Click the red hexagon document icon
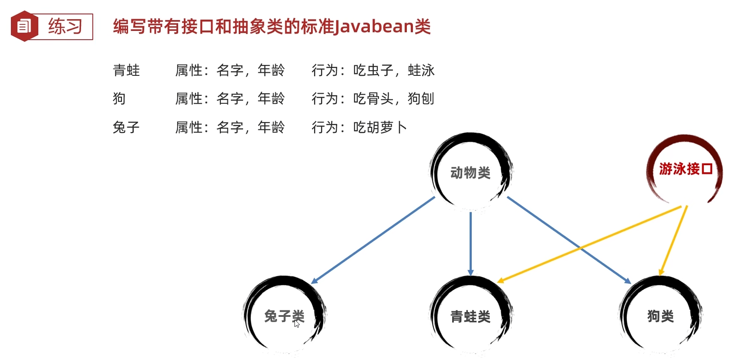pyautogui.click(x=24, y=27)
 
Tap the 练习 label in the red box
pyautogui.click(x=65, y=27)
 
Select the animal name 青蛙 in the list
pyautogui.click(x=126, y=70)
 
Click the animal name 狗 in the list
pyautogui.click(x=119, y=99)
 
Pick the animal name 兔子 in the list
pyautogui.click(x=126, y=127)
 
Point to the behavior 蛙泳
pyautogui.click(x=421, y=70)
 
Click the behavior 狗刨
pyautogui.click(x=421, y=99)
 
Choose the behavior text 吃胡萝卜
pyautogui.click(x=380, y=127)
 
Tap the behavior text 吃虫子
pyautogui.click(x=373, y=70)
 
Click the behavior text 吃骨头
pyautogui.click(x=373, y=99)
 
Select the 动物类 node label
pyautogui.click(x=470, y=173)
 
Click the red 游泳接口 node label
pyautogui.click(x=686, y=169)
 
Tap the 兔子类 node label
pyautogui.click(x=284, y=316)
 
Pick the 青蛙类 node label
pyautogui.click(x=470, y=316)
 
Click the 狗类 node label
pyautogui.click(x=660, y=316)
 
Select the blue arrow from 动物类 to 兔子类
pyautogui.click(x=373, y=240)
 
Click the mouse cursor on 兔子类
pyautogui.click(x=297, y=323)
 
